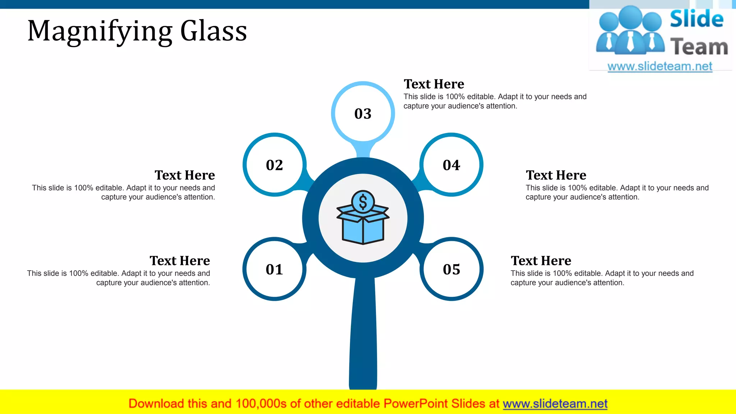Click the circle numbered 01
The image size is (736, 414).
pyautogui.click(x=274, y=269)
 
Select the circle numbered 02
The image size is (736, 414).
pyautogui.click(x=274, y=165)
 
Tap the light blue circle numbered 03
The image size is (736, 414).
pyautogui.click(x=363, y=114)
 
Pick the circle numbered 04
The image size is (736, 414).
pyautogui.click(x=451, y=165)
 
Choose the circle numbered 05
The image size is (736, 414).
pyautogui.click(x=451, y=269)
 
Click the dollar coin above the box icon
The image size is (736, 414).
pyautogui.click(x=363, y=202)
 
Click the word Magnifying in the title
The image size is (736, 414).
pyautogui.click(x=100, y=32)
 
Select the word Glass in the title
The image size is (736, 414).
pyautogui.click(x=213, y=31)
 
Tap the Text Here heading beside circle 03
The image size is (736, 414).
pyautogui.click(x=434, y=84)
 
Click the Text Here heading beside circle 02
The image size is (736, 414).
pyautogui.click(x=185, y=175)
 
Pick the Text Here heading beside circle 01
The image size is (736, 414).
pyautogui.click(x=180, y=261)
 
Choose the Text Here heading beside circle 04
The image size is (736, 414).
pyautogui.click(x=556, y=175)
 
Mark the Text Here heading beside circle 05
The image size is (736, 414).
pyautogui.click(x=541, y=261)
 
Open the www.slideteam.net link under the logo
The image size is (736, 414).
pyautogui.click(x=660, y=66)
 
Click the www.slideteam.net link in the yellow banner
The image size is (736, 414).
pyautogui.click(x=555, y=404)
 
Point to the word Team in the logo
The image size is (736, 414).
pyautogui.click(x=699, y=47)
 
